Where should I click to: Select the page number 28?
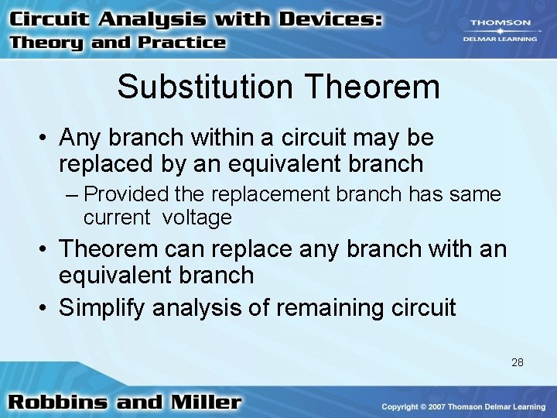pos(518,361)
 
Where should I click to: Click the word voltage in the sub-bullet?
pos(196,218)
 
